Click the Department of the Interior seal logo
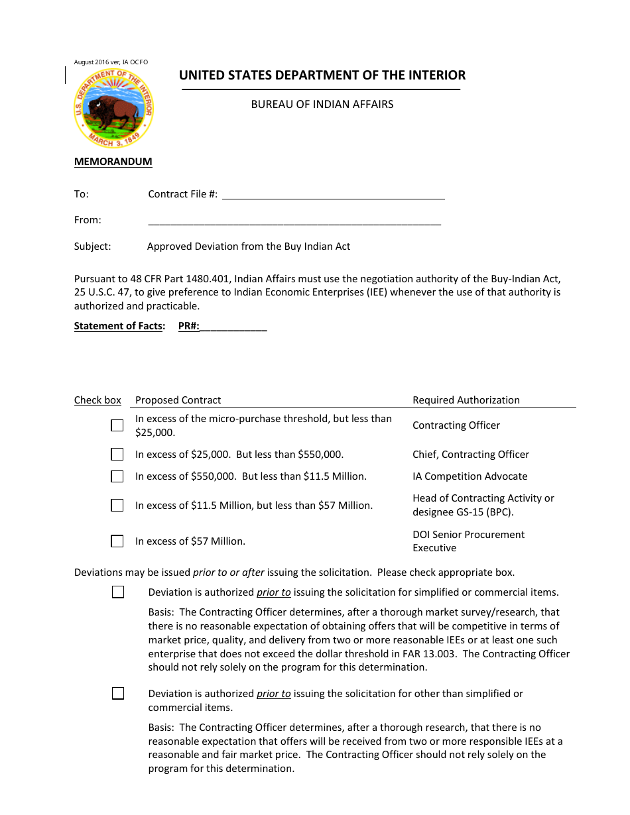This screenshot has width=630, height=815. pos(113,108)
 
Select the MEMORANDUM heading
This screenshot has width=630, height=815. pos(113,162)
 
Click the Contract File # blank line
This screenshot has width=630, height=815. pos(333,194)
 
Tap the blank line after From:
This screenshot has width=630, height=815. pos(294,221)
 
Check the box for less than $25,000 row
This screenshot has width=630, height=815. pos(117,425)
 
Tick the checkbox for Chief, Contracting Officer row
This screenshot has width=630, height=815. pos(117,455)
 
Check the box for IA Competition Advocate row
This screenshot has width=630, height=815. pos(117,476)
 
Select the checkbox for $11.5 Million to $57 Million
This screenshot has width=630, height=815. pos(117,506)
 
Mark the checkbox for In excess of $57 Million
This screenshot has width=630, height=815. pos(117,541)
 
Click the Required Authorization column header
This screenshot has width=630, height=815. pos(466,400)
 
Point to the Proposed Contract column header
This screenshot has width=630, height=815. pos(178,400)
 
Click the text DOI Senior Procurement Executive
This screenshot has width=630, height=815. pos(468,541)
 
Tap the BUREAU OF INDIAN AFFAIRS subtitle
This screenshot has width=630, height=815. pos(322,105)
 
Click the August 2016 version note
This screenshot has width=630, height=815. pos(111,62)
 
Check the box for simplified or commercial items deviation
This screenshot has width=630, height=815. pos(118,592)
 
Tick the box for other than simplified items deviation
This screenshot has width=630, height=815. pos(118,694)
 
